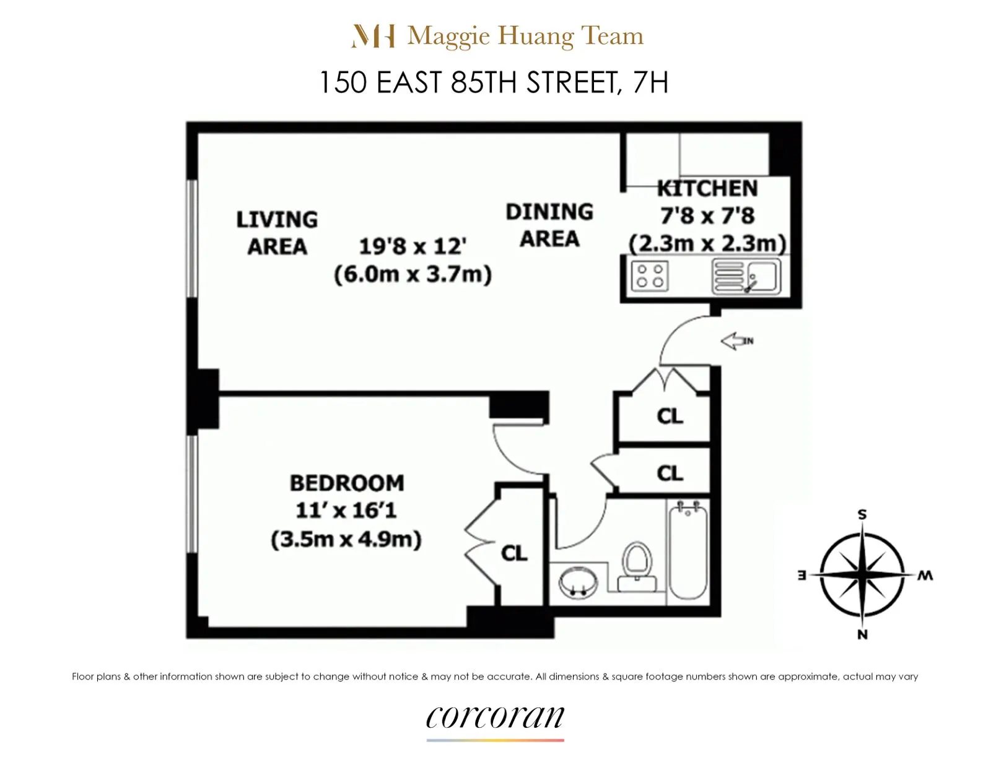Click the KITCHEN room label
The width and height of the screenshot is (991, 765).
(x=707, y=188)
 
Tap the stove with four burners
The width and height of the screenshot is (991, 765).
(x=650, y=276)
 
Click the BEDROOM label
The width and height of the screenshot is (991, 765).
(x=347, y=483)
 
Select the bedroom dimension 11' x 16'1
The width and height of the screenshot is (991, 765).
(x=346, y=511)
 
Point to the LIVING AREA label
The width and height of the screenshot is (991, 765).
(x=277, y=233)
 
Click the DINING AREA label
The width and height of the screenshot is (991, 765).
(x=549, y=225)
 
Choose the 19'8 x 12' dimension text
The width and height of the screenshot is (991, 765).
(x=413, y=246)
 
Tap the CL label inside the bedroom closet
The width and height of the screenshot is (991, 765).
(x=514, y=553)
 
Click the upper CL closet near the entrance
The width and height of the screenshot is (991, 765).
(x=670, y=416)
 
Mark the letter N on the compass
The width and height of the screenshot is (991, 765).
(x=862, y=634)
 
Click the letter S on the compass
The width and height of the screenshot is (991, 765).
(x=862, y=514)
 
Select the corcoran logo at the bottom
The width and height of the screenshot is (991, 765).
(x=495, y=717)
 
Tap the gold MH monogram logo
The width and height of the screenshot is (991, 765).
(x=373, y=36)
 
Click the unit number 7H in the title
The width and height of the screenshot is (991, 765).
(x=650, y=82)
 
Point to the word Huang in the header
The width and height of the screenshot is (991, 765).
(x=536, y=36)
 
